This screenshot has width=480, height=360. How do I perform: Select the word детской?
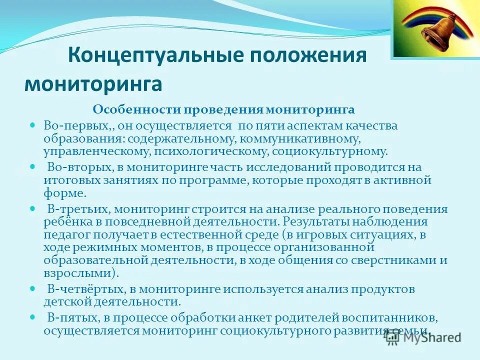63,301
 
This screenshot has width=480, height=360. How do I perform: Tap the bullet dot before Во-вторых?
33,164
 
